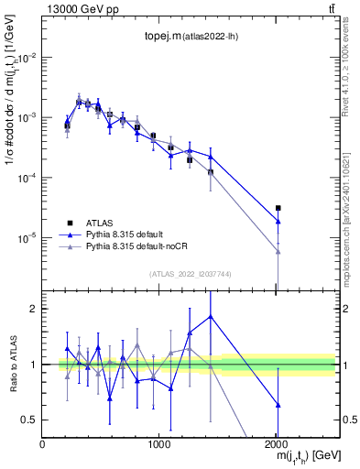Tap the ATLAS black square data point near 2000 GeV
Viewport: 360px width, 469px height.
click(x=278, y=208)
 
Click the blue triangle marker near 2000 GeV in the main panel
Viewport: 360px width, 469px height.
click(x=278, y=222)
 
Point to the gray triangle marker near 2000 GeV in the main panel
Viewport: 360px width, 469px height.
click(x=278, y=252)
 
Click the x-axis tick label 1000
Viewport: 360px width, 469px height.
click(x=159, y=444)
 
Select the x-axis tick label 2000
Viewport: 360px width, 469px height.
click(x=277, y=444)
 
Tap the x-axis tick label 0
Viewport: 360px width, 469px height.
click(x=43, y=444)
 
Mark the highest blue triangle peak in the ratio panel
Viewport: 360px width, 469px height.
click(x=211, y=316)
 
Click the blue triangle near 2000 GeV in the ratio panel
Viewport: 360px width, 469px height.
click(x=278, y=404)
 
